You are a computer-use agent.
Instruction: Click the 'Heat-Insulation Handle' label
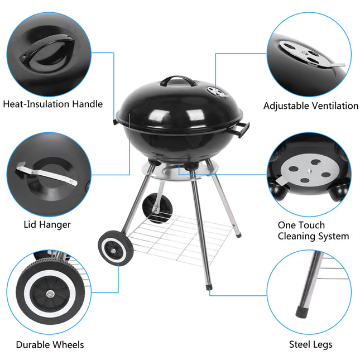53,104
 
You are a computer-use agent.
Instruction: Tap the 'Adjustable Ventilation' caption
311,105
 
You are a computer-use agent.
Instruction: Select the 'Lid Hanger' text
47,224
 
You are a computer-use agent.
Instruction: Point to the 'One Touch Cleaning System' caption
313,231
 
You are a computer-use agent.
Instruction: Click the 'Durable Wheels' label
50,344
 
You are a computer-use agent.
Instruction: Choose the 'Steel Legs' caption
310,344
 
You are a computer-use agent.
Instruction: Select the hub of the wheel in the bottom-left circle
49,294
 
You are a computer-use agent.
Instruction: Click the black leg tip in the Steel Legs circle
304,309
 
